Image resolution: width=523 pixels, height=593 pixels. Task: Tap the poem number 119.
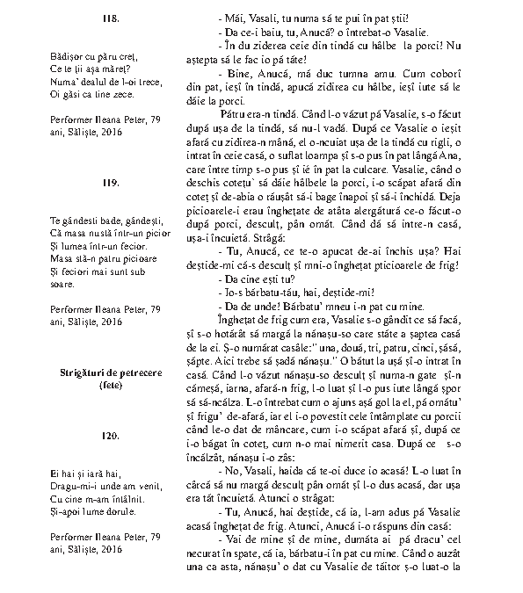pos(110,182)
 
